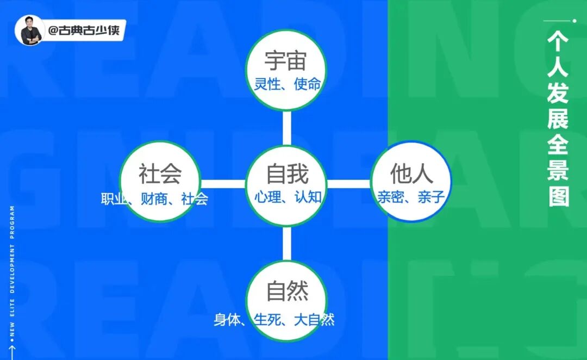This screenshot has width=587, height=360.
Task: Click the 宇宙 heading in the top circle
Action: (286, 60)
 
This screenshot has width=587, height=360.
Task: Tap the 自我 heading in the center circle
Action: (287, 174)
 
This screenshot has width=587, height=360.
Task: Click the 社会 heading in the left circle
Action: (160, 174)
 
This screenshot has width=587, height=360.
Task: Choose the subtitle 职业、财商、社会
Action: (154, 199)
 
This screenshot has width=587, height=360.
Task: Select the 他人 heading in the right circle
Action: (411, 174)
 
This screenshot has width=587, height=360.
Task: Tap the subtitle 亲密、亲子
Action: (411, 197)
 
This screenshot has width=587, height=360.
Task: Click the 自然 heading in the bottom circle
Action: (287, 291)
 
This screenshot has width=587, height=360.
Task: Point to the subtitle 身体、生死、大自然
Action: (274, 319)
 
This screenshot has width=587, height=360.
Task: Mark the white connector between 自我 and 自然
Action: (287, 243)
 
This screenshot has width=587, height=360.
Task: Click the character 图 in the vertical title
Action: (558, 195)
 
